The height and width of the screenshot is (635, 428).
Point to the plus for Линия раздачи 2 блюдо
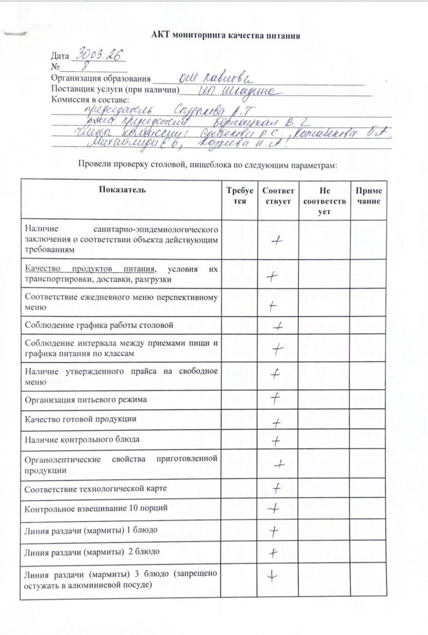click(272, 552)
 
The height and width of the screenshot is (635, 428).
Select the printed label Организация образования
click(100, 79)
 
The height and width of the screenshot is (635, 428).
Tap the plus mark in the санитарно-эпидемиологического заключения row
click(277, 240)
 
